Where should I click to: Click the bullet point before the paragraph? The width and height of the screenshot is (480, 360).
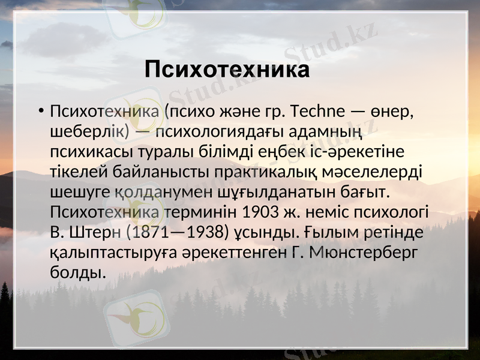click(39, 112)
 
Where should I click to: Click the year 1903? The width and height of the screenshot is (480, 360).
click(260, 213)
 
